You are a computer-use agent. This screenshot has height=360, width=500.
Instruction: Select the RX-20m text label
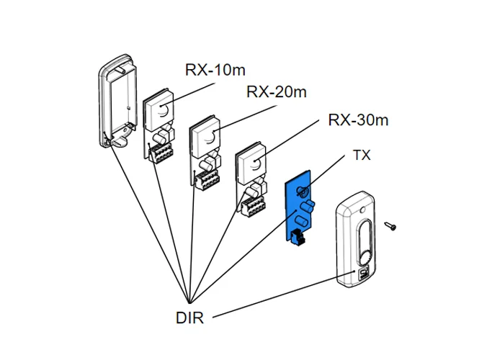[x=277, y=92]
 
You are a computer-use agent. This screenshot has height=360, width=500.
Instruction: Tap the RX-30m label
[x=358, y=120]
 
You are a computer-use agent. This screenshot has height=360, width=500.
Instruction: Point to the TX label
[x=361, y=156]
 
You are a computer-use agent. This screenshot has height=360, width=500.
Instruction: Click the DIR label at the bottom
[x=189, y=318]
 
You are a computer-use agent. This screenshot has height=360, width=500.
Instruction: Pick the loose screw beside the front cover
[x=390, y=226]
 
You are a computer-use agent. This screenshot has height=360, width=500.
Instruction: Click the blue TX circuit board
[x=298, y=213]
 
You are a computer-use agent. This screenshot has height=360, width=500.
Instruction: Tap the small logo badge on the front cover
[x=360, y=273]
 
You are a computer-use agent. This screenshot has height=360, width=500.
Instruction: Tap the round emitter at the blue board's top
[x=303, y=192]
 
